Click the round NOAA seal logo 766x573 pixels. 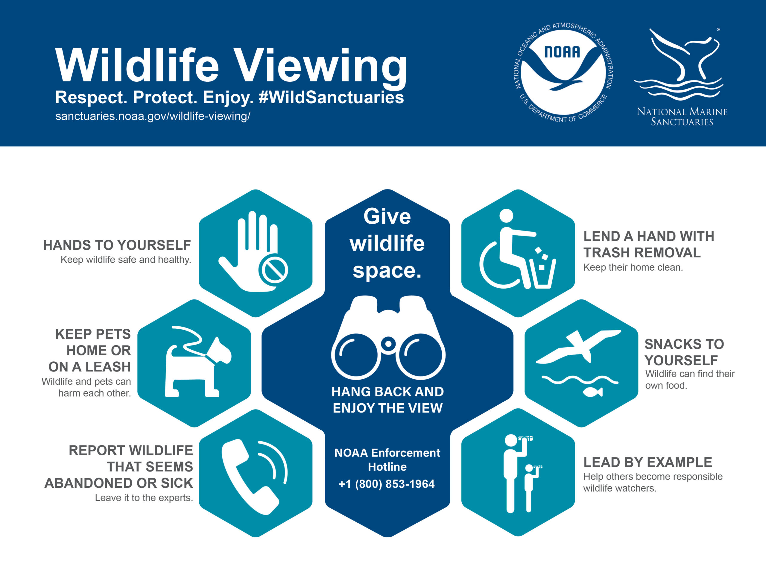tap(563, 72)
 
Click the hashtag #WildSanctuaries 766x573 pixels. tap(331, 97)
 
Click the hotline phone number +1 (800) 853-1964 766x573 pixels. tap(387, 484)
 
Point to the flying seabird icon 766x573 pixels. tap(579, 346)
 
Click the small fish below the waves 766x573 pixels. tap(593, 392)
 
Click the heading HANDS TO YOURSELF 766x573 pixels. tap(117, 245)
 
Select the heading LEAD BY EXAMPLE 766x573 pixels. tap(648, 462)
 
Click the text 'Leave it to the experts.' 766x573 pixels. tap(144, 498)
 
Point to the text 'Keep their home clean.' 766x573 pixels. tap(633, 267)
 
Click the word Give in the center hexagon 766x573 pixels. tap(387, 216)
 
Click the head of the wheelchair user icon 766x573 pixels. tap(506, 216)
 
